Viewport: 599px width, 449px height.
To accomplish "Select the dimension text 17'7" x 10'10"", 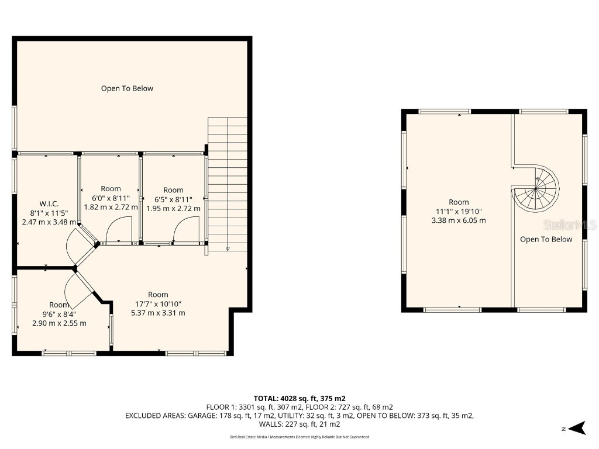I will click(158, 303).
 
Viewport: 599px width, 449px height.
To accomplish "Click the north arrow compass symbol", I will click(577, 428).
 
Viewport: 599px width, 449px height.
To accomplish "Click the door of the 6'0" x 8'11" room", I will click(115, 230).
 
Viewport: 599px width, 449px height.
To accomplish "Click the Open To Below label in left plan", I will click(127, 89).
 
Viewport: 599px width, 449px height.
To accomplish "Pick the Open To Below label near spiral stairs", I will click(546, 239).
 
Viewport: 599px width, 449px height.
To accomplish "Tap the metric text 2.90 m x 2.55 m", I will click(59, 323).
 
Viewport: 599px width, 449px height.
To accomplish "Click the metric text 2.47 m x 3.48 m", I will click(49, 222).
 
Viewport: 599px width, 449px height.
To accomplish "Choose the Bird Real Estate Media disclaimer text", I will click(299, 437).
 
